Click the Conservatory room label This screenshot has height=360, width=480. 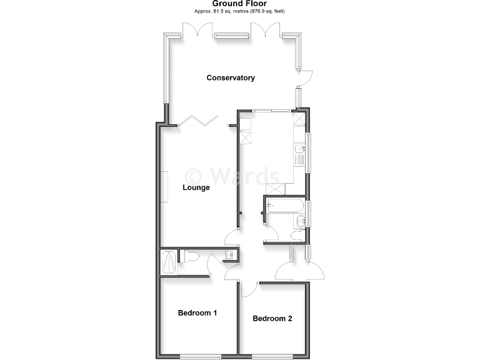point(231,78)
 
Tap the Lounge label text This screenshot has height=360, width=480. point(196,187)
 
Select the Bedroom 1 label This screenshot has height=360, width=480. point(197,312)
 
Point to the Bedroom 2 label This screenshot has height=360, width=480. point(272,319)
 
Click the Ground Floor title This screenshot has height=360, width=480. point(239,4)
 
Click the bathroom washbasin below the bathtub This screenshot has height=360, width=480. point(301,219)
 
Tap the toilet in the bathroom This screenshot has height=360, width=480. point(297,234)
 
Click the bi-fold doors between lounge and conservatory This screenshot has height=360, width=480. point(199,120)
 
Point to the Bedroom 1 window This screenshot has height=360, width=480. point(197,357)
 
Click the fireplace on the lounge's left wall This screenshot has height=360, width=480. point(167,187)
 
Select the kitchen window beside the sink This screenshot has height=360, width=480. point(311,150)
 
